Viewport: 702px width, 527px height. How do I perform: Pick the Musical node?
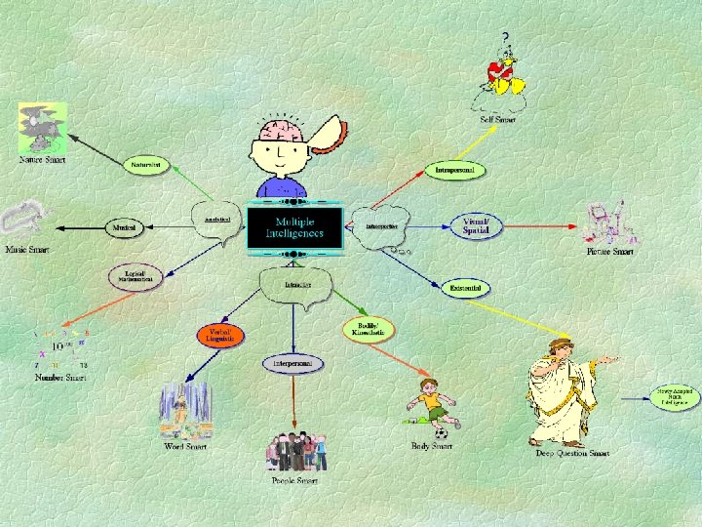coord(124,227)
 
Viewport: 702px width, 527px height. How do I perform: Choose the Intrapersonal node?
coord(455,171)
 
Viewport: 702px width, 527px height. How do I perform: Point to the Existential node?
coord(467,288)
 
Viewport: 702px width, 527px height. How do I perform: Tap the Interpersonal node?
coord(292,363)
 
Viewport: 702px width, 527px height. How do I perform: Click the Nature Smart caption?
coord(43,159)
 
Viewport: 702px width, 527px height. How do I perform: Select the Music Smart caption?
coord(25,250)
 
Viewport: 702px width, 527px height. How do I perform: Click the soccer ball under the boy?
coord(442,432)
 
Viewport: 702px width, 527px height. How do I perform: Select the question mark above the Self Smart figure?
coord(505,36)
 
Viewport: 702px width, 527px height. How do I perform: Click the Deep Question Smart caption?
coord(572,453)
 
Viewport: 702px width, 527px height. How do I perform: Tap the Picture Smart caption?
coord(610,252)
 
